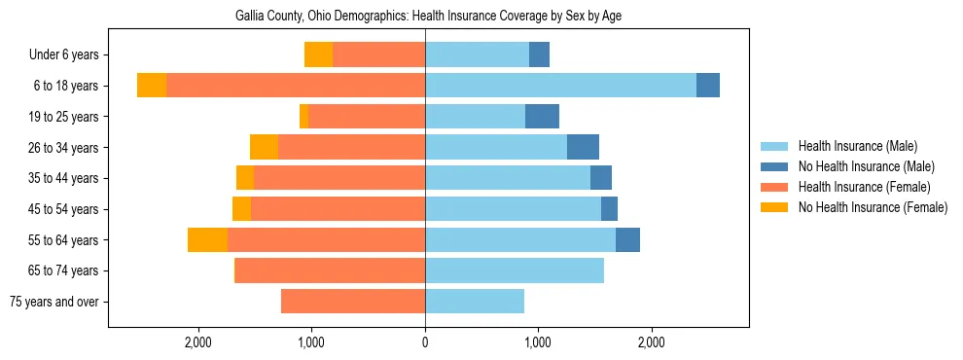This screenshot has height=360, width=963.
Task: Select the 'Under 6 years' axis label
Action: (x=63, y=55)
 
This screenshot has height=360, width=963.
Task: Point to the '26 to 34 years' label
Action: (x=63, y=148)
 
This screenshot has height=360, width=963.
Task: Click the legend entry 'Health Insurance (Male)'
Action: (x=857, y=146)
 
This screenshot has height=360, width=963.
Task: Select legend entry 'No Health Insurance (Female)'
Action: (x=873, y=207)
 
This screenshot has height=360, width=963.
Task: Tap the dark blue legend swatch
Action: (x=774, y=166)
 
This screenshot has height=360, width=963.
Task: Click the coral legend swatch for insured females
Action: (x=774, y=187)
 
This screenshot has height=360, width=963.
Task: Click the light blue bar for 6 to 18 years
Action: (x=560, y=86)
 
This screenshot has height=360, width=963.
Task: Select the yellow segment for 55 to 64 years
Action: (x=207, y=239)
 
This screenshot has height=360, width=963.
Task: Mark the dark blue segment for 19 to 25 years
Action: (x=542, y=117)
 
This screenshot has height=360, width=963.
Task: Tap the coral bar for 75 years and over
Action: (x=353, y=302)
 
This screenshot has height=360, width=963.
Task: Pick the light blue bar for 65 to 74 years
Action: (x=515, y=270)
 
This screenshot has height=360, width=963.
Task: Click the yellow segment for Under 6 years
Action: (x=318, y=55)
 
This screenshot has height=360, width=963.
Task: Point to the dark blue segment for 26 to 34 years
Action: (x=583, y=148)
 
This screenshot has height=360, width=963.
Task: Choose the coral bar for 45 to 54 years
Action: (x=338, y=209)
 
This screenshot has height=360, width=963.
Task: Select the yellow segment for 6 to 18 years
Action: (x=152, y=86)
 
